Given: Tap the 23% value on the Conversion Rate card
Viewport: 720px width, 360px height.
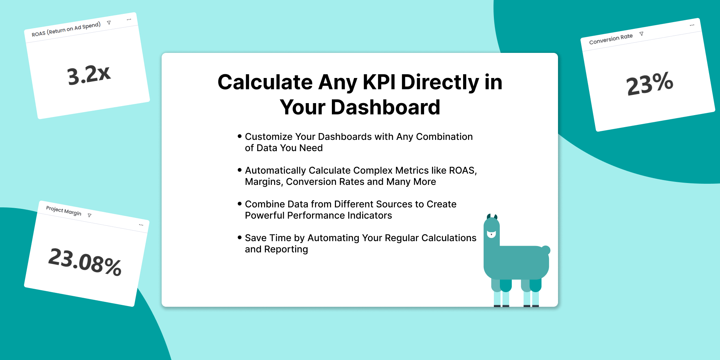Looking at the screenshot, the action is click(x=650, y=83).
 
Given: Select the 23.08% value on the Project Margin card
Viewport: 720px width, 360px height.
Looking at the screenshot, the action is click(x=85, y=261).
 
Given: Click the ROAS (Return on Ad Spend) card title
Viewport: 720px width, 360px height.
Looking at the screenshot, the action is click(x=66, y=29).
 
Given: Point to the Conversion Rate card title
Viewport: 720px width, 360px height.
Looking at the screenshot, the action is click(x=611, y=39).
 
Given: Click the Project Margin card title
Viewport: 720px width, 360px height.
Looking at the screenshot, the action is click(x=64, y=211).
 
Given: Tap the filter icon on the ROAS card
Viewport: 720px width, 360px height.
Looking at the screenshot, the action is click(x=109, y=22).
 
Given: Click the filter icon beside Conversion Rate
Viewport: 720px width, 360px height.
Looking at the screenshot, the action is click(x=641, y=34).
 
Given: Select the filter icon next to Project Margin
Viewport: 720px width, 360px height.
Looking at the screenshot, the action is click(x=89, y=215).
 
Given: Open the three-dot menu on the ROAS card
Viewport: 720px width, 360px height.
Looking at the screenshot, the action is click(x=129, y=19).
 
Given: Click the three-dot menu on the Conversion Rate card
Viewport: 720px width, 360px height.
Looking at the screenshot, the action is click(x=692, y=25).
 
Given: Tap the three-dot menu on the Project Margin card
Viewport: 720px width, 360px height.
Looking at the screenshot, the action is click(x=141, y=225).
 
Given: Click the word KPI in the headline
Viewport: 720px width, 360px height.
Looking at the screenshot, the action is click(x=379, y=82).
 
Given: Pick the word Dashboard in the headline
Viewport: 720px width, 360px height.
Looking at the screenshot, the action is click(x=385, y=107).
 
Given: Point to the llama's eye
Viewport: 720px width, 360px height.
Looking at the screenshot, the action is click(x=491, y=234).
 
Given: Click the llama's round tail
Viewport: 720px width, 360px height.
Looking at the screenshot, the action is click(x=546, y=250).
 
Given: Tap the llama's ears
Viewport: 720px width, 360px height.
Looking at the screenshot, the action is click(x=492, y=217).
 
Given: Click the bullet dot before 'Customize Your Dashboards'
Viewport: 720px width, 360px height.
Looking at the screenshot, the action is click(x=240, y=136).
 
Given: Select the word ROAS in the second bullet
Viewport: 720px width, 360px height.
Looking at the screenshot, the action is click(x=462, y=171).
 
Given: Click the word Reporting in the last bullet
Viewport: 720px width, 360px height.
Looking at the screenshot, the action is click(x=286, y=250).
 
